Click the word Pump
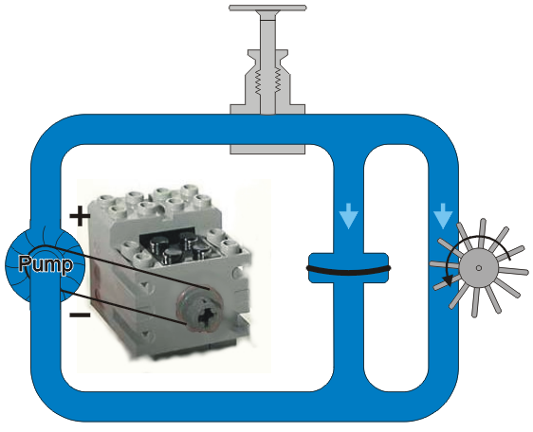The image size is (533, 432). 46,264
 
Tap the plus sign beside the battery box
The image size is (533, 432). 80,216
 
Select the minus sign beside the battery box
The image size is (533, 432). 80,315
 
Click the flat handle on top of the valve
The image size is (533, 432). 267,8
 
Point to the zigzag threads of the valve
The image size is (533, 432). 267,81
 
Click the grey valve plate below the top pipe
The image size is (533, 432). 267,150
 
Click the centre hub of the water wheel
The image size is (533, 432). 479,268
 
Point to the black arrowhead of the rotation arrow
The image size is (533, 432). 448,280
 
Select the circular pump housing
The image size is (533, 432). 45,265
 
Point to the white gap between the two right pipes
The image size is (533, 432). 396,268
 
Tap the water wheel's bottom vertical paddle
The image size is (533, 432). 475,301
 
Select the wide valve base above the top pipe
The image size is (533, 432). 267,109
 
